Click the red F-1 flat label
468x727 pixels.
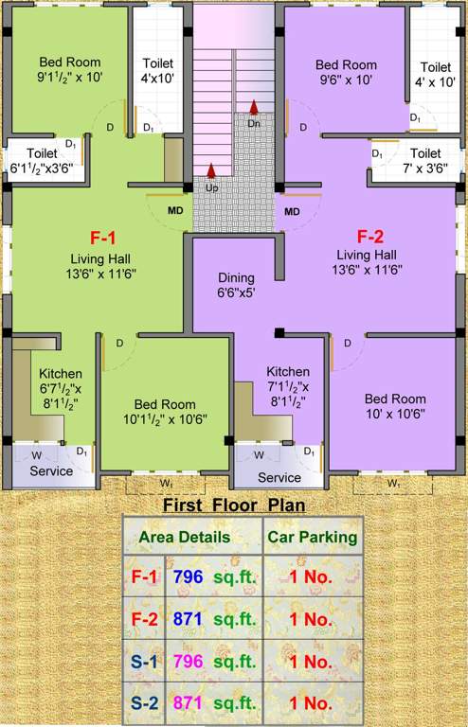104,237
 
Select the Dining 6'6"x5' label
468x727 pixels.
236,285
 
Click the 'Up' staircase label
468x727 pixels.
211,187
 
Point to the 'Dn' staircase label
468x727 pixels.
254,123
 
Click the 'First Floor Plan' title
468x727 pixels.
234,505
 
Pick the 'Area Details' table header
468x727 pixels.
185,537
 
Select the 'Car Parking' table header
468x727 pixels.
312,537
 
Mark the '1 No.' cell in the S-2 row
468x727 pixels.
312,703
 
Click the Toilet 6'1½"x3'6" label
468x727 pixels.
44,159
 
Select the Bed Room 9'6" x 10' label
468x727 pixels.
346,72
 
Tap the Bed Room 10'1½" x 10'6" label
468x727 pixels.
165,409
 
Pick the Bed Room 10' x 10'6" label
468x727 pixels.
395,406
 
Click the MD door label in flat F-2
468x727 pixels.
292,210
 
